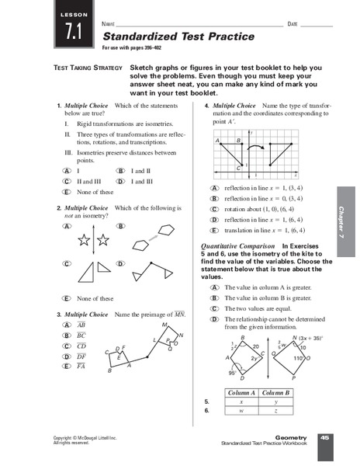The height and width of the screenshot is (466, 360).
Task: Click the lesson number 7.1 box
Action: [x=73, y=31]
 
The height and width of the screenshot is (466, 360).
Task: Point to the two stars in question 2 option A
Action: [x=89, y=242]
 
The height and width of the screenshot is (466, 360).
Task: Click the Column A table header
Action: [x=233, y=393]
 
